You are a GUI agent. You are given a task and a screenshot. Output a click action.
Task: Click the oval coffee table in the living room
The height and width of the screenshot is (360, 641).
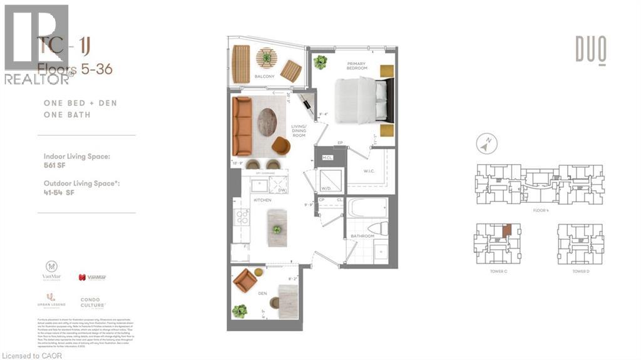coord(267,122)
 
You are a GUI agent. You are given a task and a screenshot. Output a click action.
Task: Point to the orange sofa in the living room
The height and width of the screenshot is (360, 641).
coord(242,126)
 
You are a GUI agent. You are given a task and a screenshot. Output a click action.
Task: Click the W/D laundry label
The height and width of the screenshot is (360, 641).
coord(326,188)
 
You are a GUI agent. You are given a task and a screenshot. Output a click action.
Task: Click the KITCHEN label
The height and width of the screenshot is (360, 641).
coord(262,199)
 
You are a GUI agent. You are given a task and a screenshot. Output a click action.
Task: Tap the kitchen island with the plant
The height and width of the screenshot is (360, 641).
coord(276,222)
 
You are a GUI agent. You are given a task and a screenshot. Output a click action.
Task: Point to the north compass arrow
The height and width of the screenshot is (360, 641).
coord(484,145)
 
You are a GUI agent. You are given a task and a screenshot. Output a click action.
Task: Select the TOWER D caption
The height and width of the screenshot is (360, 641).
coord(580,271)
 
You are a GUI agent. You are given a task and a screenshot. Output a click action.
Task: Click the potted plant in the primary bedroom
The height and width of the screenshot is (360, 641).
coord(320,62)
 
